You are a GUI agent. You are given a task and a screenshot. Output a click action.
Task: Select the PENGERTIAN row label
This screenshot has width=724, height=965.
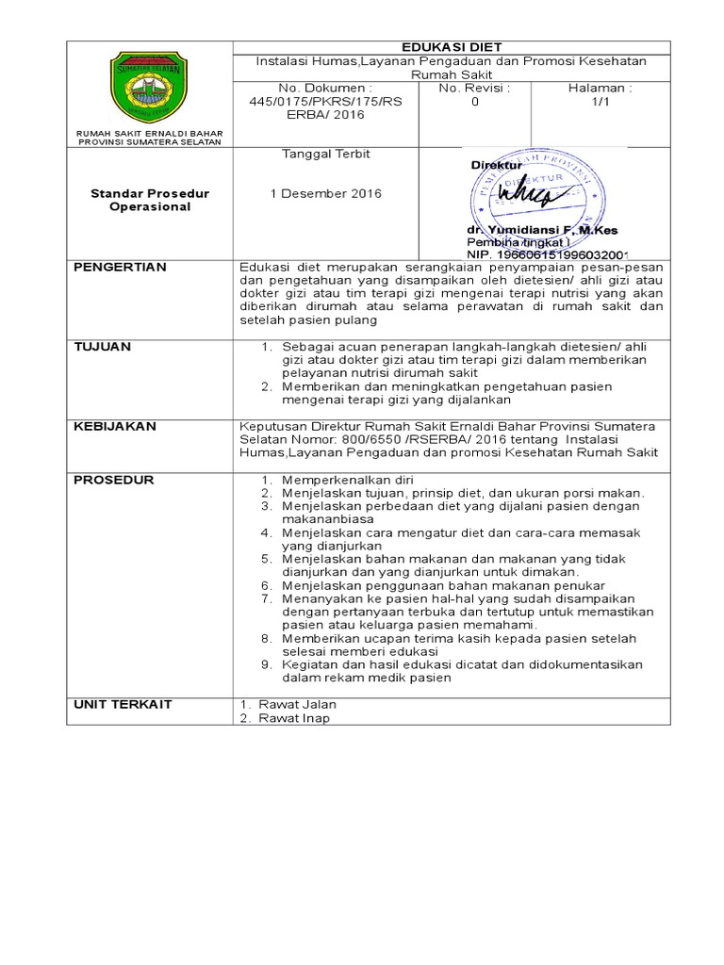(x=120, y=268)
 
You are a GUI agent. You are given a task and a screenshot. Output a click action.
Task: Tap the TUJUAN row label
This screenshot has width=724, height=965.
(x=103, y=347)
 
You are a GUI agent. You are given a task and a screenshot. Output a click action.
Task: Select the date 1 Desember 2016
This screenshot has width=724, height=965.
(x=326, y=193)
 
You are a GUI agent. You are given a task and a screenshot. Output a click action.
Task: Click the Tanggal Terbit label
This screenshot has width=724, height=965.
(x=326, y=154)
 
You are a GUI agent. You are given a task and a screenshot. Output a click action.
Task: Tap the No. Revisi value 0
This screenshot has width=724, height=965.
(x=474, y=101)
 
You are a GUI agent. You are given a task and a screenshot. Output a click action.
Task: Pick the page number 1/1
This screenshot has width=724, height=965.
(x=601, y=101)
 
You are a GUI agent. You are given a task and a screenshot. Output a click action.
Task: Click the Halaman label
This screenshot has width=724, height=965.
(x=601, y=88)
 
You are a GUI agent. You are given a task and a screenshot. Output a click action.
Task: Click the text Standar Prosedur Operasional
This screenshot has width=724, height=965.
(x=149, y=200)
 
